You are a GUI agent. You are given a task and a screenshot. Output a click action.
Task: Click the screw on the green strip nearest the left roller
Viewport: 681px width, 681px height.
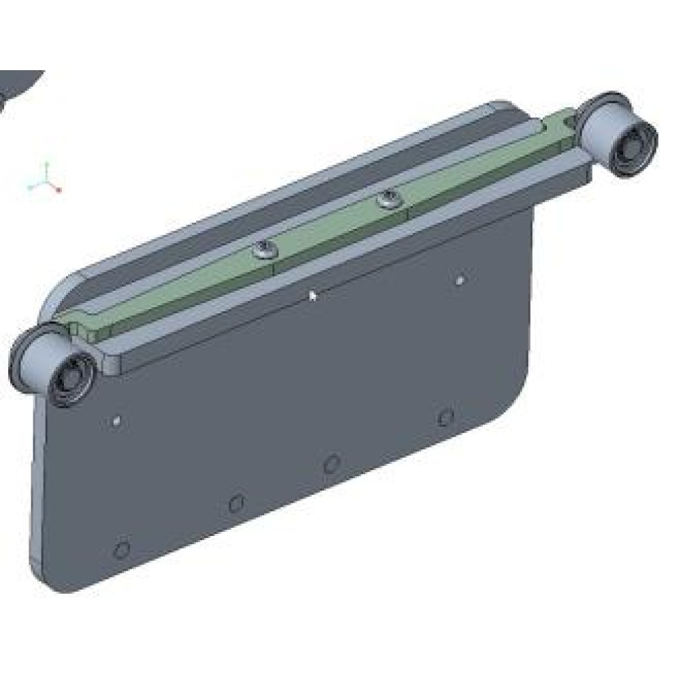click(264, 251)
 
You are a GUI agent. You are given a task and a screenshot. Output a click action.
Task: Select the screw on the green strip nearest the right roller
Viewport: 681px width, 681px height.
click(389, 199)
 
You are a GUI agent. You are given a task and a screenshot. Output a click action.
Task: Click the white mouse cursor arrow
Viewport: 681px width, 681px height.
click(313, 295)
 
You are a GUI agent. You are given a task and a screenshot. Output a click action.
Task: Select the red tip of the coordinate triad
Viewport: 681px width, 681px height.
click(59, 190)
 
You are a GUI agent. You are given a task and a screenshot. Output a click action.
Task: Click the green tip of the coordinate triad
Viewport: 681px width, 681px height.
click(46, 164)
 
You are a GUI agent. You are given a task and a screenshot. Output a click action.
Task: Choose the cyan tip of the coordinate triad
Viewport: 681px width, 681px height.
click(31, 186)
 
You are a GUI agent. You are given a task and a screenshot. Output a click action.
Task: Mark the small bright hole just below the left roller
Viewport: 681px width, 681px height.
click(116, 422)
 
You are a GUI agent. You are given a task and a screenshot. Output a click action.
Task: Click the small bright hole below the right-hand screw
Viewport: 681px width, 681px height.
click(460, 279)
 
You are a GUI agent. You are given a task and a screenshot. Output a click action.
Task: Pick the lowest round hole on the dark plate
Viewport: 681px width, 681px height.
click(121, 549)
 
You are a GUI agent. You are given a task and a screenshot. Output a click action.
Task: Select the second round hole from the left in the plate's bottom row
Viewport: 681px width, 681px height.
click(236, 504)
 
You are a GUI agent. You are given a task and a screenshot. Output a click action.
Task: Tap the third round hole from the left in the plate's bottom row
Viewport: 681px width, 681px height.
click(331, 464)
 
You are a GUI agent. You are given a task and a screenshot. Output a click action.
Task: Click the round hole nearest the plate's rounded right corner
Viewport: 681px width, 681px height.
click(445, 416)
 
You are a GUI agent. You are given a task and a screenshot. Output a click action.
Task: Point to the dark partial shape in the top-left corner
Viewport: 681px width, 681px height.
click(17, 85)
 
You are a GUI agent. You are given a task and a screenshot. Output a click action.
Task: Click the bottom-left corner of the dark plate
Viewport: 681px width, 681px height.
click(51, 582)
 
